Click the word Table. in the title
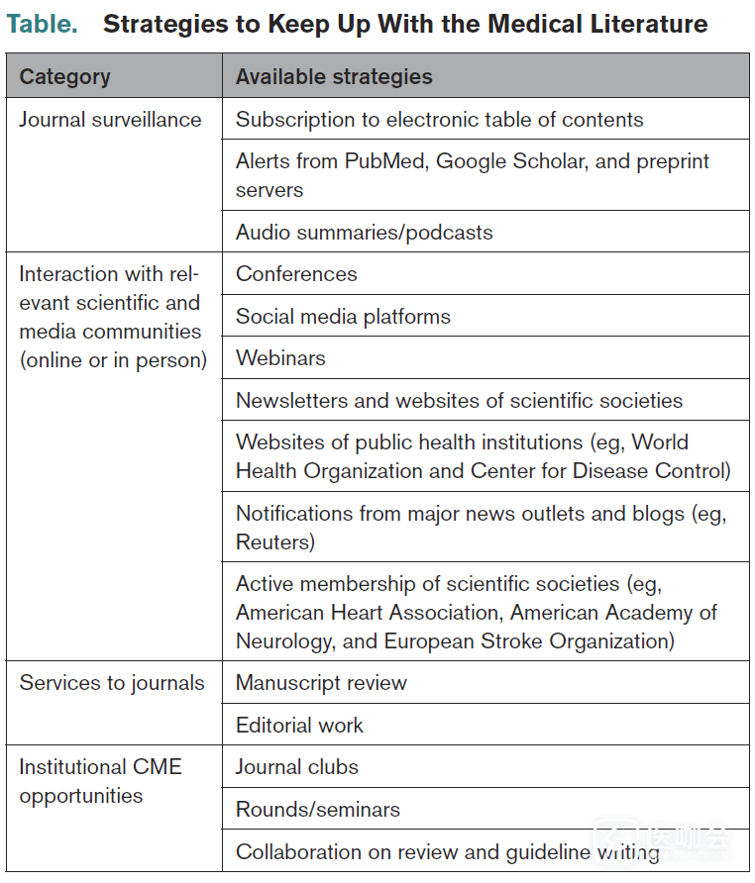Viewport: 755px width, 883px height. (x=43, y=24)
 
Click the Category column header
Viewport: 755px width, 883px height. (x=64, y=76)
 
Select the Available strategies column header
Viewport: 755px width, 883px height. (x=334, y=76)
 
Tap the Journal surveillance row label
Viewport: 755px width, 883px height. (x=110, y=120)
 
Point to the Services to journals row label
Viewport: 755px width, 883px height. (x=112, y=683)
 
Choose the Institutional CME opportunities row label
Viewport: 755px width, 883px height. (x=100, y=781)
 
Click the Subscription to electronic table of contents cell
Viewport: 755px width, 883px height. (x=439, y=120)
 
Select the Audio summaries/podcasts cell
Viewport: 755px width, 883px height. (x=364, y=233)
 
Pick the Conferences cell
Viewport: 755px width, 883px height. (x=296, y=274)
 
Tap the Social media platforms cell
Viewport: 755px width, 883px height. (x=343, y=317)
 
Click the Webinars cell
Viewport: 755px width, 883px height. (x=280, y=358)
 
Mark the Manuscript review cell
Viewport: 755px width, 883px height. (x=321, y=683)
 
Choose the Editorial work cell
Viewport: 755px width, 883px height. (x=299, y=726)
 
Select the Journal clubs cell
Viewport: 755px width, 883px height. (x=297, y=767)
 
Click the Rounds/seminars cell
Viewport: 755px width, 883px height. (x=318, y=810)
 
